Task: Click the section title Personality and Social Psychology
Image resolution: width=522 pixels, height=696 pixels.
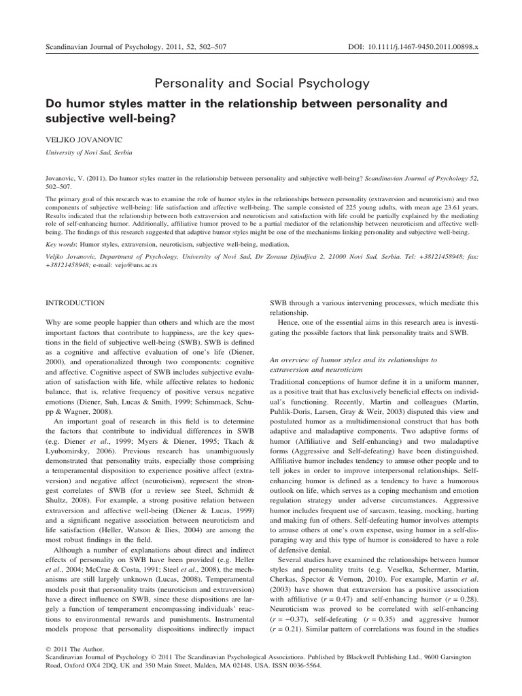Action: click(261, 84)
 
